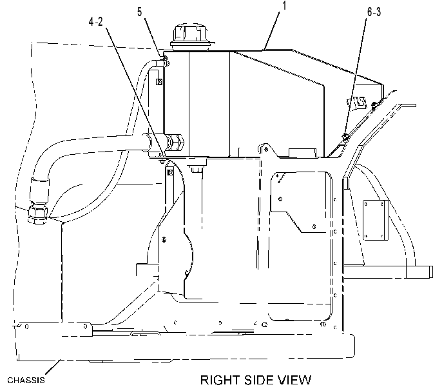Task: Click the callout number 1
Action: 284,6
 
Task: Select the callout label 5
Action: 140,12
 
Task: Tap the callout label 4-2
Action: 95,21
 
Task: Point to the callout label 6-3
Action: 374,12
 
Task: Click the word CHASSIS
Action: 26,380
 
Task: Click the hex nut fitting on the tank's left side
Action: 175,142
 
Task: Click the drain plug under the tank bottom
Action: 197,168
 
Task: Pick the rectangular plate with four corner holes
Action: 375,220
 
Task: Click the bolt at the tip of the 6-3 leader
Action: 345,136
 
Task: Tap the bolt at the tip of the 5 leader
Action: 164,58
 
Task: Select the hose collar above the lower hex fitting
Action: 40,190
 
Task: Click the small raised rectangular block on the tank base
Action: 302,152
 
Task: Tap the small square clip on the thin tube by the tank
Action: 159,81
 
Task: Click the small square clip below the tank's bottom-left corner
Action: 170,173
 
